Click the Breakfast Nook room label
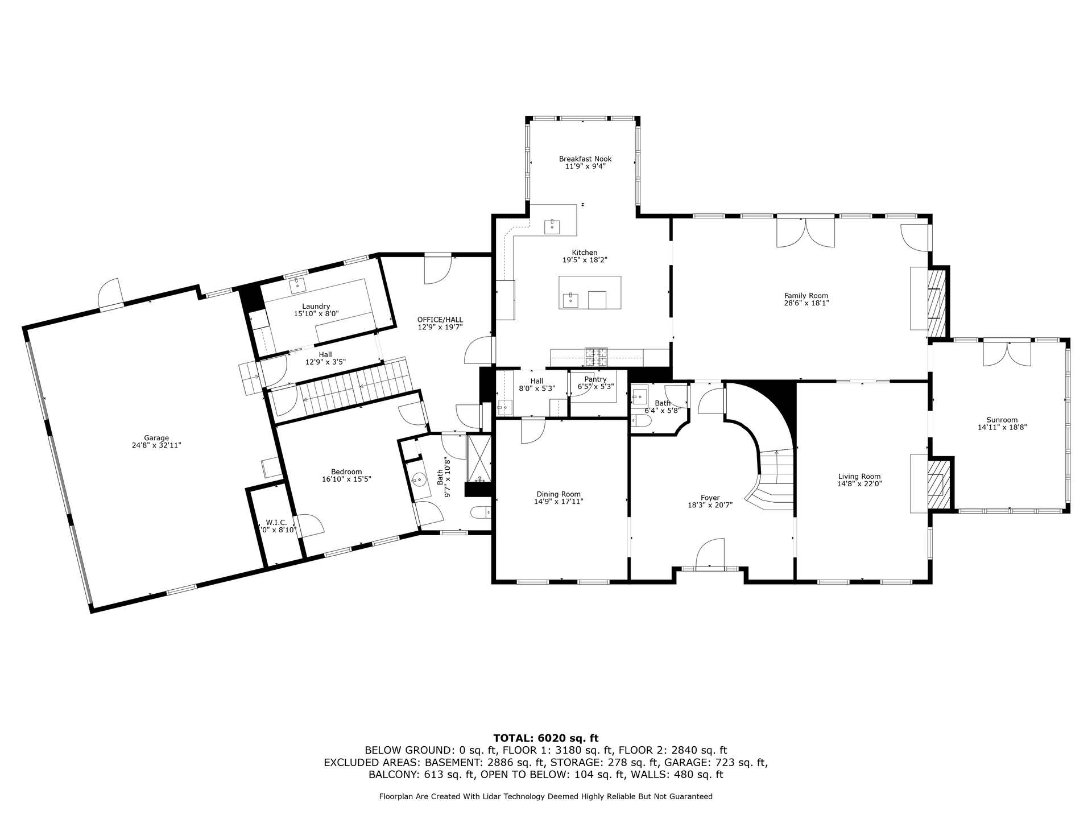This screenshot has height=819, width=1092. click(x=585, y=159)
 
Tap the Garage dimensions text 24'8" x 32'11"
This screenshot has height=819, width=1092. click(x=156, y=445)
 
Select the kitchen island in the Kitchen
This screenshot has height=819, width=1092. click(x=590, y=292)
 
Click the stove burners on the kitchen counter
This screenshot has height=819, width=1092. click(x=596, y=357)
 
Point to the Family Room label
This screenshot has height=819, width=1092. click(x=806, y=296)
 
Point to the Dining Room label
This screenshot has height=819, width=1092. click(x=559, y=494)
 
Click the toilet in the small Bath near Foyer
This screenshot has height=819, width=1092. click(x=640, y=421)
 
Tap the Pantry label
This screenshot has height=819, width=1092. click(x=595, y=379)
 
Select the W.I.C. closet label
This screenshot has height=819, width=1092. click(x=276, y=522)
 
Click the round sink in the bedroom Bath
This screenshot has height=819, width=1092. click(x=419, y=479)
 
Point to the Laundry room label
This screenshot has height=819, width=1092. click(x=316, y=307)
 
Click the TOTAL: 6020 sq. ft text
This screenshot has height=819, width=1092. click(x=546, y=739)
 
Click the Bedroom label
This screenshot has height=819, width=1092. click(x=346, y=471)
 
